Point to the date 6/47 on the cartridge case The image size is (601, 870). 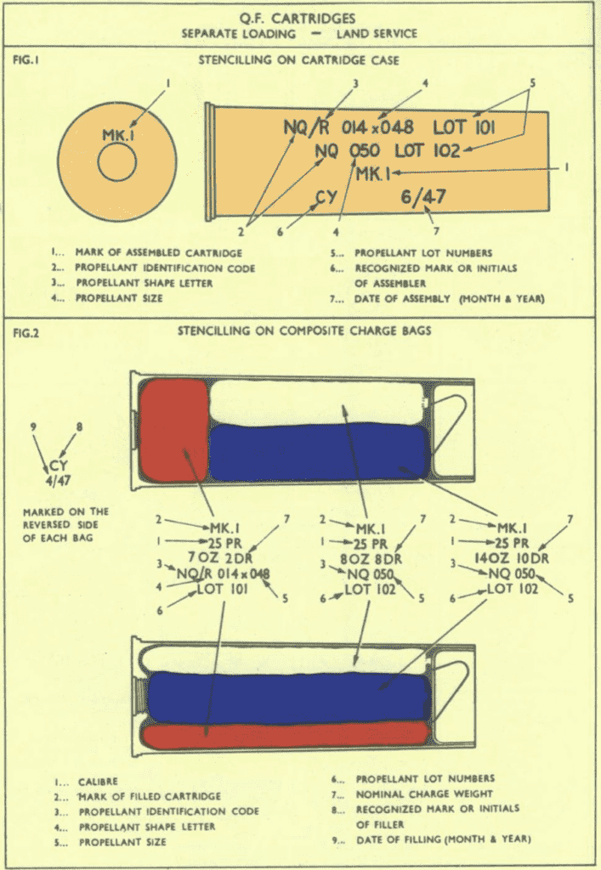[x=423, y=197]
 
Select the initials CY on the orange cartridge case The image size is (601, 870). [x=327, y=198]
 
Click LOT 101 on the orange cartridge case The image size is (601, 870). [x=464, y=128]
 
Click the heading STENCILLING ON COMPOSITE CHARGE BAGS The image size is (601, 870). [x=303, y=332]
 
